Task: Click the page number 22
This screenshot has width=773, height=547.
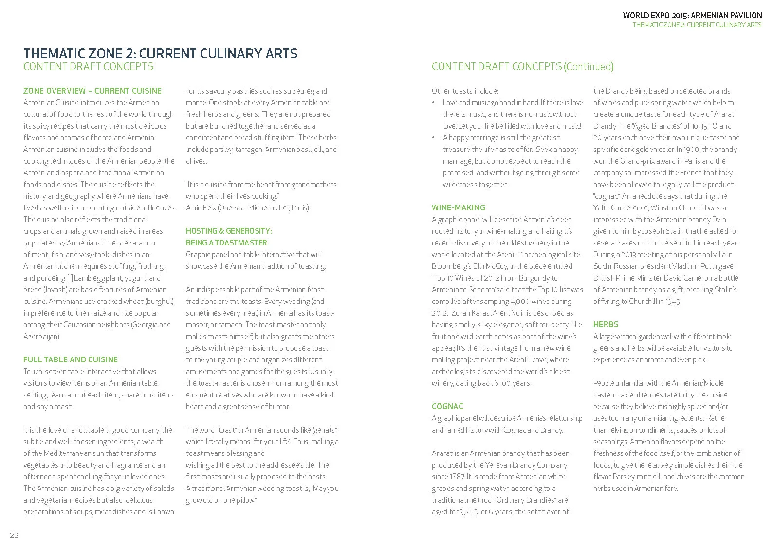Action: [x=14, y=535]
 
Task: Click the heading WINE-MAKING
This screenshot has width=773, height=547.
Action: [x=458, y=207]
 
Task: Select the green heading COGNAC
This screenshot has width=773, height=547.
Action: [x=447, y=406]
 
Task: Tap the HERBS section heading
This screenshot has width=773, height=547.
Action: [x=606, y=324]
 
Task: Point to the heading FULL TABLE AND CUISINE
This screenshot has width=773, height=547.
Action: [x=71, y=359]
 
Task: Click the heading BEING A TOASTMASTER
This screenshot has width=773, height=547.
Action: [x=226, y=243]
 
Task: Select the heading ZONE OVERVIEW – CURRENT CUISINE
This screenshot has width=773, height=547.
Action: [x=92, y=91]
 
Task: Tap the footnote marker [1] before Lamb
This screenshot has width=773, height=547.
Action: [x=70, y=278]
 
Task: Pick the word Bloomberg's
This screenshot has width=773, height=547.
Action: [x=453, y=266]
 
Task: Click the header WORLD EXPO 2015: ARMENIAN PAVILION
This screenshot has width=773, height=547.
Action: [x=692, y=15]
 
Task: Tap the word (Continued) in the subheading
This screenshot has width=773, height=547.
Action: [x=589, y=66]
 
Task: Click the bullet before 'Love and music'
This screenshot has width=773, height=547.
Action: [x=434, y=103]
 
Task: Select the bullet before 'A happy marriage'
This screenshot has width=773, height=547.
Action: [x=434, y=138]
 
